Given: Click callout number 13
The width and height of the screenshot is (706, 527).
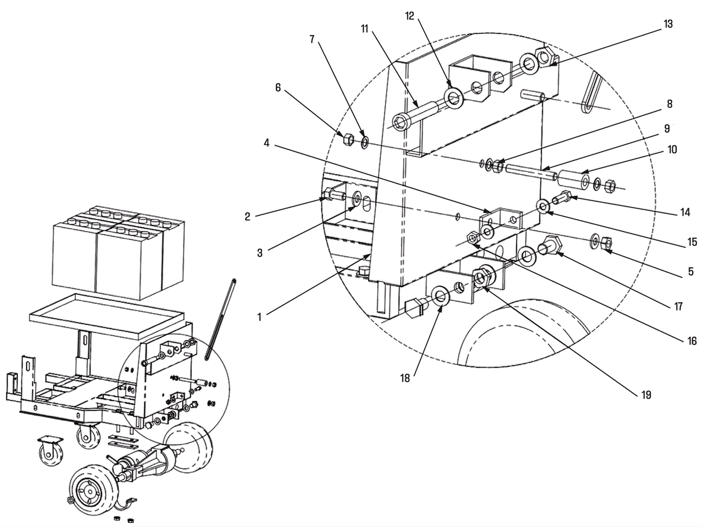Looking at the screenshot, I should pos(668,24).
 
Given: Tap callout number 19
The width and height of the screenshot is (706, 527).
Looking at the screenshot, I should pos(646,395).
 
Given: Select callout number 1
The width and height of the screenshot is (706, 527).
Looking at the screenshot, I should pos(259,317).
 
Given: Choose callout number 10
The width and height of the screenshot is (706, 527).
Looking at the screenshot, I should pos(672,150).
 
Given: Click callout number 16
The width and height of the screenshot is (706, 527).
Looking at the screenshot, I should pos(691,341).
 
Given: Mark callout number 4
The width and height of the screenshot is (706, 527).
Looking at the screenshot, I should pos(267,143).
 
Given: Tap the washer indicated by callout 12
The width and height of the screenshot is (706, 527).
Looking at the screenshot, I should pos(453,98).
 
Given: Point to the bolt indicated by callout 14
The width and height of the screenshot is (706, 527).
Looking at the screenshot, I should pos(563,198).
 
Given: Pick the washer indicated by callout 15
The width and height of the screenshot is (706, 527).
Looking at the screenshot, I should pos(543,206).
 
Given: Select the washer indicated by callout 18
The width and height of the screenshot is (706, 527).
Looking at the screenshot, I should pos(440,296).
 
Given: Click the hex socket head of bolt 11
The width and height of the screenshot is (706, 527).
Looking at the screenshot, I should pos(402,121).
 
